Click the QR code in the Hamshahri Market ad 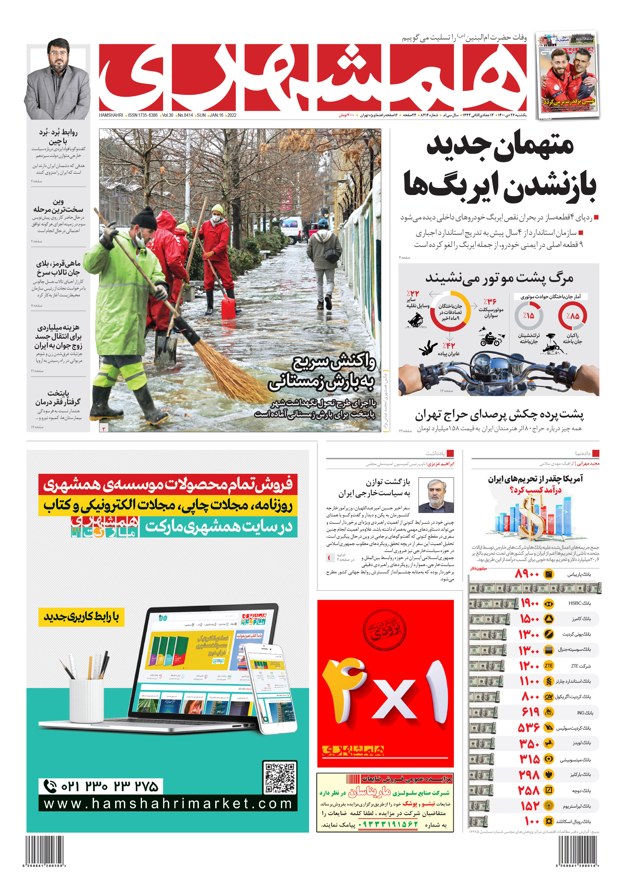pyautogui.click(x=280, y=777)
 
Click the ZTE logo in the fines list pyautogui.click(x=549, y=666)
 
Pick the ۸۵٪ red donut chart pyautogui.click(x=572, y=316)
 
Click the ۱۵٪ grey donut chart pyautogui.click(x=528, y=316)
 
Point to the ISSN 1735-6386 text pyautogui.click(x=142, y=115)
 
